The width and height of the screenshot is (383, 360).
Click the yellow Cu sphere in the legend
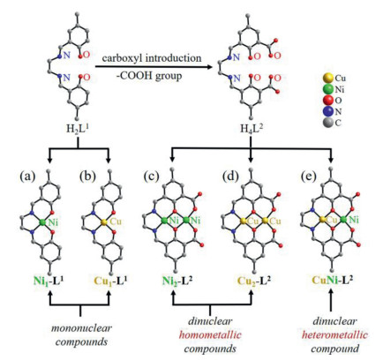328,78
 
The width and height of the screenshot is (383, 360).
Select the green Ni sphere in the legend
328,89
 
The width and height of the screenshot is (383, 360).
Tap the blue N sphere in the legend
328,111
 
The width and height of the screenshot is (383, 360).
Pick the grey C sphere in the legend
328,123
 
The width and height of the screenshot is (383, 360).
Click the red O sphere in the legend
328,101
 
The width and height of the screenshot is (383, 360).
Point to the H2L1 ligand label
78,128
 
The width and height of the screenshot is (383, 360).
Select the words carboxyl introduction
152,58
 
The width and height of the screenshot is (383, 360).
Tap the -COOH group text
148,76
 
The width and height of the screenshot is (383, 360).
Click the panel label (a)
27,176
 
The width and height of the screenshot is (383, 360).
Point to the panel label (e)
309,176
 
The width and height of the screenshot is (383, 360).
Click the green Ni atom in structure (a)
43,222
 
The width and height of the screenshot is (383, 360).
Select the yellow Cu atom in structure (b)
103,222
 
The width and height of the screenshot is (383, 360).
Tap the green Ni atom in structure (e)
343,220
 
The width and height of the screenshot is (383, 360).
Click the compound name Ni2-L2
177,281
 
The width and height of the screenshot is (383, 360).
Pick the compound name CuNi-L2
333,280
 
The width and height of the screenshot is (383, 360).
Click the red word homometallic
210,335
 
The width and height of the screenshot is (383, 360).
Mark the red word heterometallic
334,335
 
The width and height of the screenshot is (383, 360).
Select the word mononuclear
81,328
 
